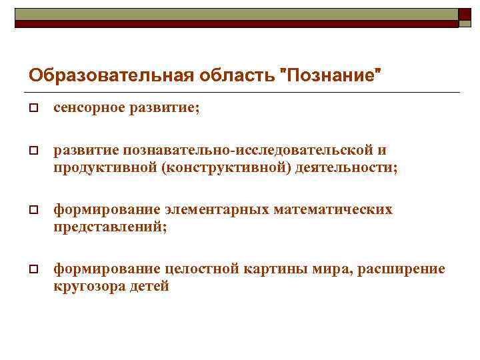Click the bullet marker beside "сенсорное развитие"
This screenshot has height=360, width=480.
(x=32, y=109)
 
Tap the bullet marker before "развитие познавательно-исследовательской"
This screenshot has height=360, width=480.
(x=32, y=151)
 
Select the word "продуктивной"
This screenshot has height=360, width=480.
(x=105, y=167)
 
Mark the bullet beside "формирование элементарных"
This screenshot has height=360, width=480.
(x=32, y=210)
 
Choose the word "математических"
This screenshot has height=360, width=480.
(x=333, y=209)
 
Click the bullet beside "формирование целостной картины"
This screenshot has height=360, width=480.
(x=32, y=269)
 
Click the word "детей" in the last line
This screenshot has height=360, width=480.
(x=150, y=286)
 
